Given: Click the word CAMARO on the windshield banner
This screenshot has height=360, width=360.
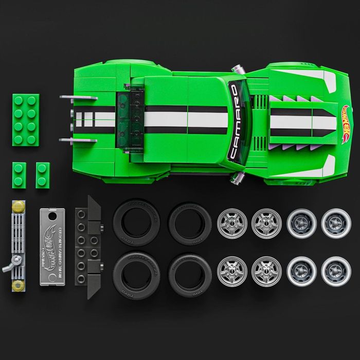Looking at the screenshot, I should click(x=235, y=122).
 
